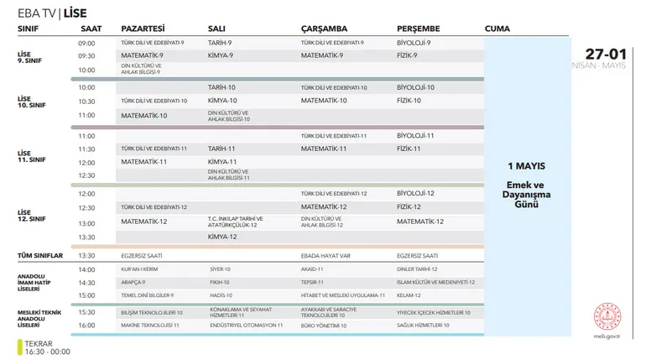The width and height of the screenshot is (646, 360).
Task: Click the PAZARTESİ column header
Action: pyautogui.click(x=143, y=29)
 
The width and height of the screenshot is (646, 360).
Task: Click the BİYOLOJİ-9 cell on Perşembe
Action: pyautogui.click(x=414, y=42)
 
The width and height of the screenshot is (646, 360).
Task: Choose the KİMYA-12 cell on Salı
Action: pyautogui.click(x=222, y=237)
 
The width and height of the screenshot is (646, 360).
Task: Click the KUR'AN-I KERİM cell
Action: pyautogui.click(x=139, y=269)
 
